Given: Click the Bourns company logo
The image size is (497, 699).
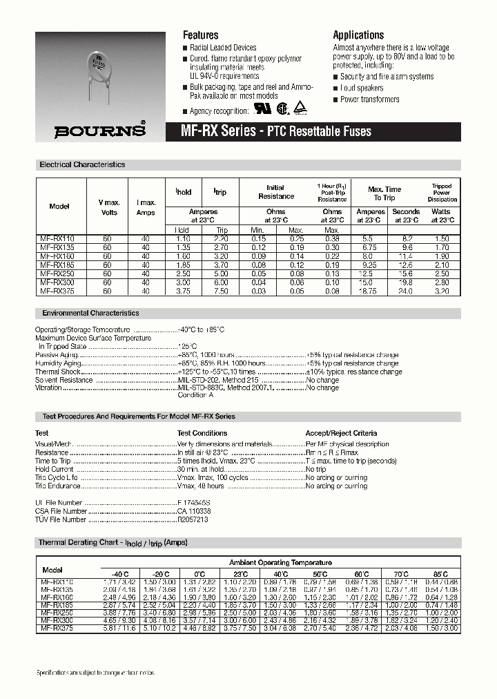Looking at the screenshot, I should (100, 128).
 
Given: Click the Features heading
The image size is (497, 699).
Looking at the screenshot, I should (200, 35).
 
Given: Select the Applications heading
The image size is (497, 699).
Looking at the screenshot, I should (358, 35).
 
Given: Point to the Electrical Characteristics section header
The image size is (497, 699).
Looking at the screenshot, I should (82, 165).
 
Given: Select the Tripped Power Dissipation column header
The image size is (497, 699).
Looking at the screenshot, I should (441, 193).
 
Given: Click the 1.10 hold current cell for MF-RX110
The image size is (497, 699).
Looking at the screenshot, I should (182, 238).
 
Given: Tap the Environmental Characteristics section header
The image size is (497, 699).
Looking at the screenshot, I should (90, 313).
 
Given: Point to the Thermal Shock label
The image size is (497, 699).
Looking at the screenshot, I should (57, 372).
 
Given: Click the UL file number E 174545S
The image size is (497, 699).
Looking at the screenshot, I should (193, 503).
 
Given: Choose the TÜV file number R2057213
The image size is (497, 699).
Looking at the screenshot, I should (193, 519).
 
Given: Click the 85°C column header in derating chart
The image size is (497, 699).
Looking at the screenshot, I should (440, 573).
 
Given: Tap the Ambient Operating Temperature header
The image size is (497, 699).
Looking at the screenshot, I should (280, 563).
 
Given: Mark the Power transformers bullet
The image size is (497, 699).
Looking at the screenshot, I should (369, 99).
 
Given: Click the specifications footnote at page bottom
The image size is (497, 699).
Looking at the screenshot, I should (95, 672).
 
